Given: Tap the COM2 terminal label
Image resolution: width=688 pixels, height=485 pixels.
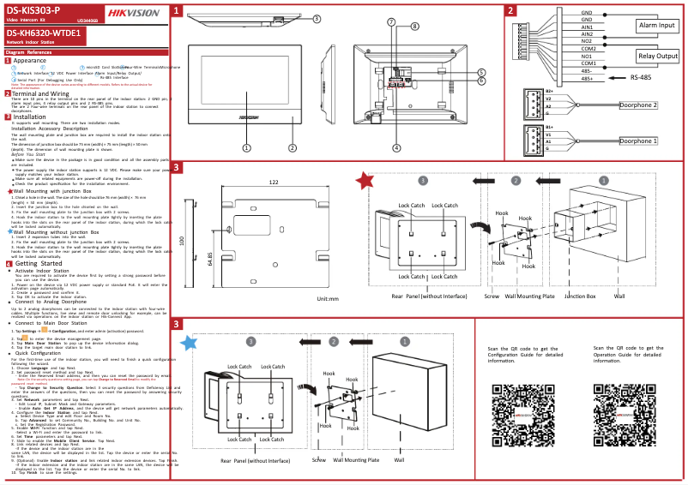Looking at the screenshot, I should pyautogui.click(x=588, y=49).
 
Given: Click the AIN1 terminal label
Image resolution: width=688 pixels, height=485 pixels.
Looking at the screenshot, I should pyautogui.click(x=588, y=27).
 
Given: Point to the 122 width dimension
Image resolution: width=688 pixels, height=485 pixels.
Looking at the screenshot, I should pyautogui.click(x=274, y=183).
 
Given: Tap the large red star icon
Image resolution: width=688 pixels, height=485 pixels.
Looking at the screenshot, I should pyautogui.click(x=364, y=180).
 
